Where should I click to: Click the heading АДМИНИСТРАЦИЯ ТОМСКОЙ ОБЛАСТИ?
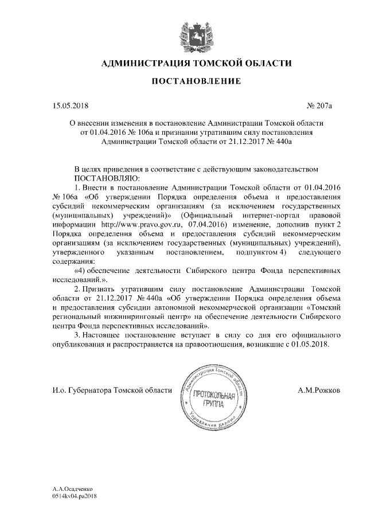point(196,63)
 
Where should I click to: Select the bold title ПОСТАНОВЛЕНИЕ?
point(196,82)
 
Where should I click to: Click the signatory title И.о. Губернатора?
point(80,391)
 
